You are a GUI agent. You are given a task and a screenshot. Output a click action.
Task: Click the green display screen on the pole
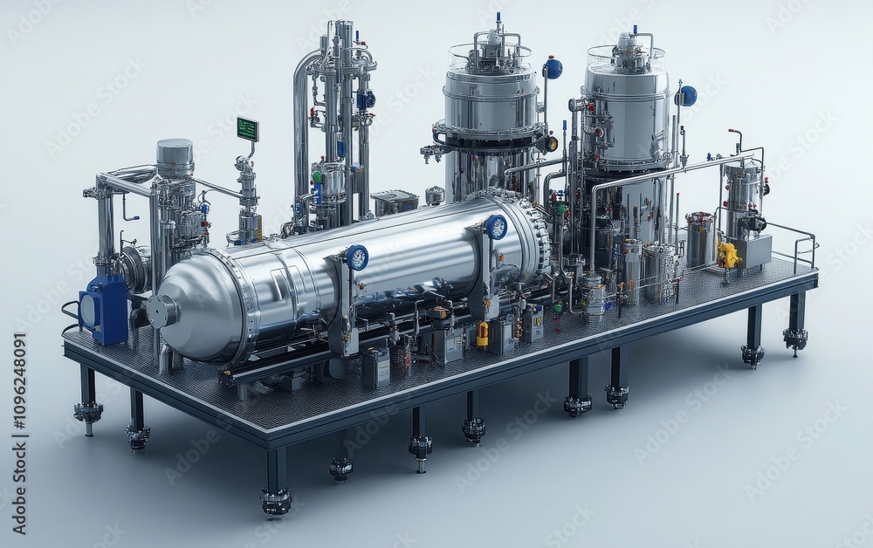point(247,129)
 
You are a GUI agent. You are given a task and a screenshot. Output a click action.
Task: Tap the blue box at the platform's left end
point(104,309)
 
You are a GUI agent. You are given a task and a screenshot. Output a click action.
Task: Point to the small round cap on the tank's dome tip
point(162,312)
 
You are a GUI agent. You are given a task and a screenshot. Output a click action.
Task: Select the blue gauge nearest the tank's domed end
point(356,257)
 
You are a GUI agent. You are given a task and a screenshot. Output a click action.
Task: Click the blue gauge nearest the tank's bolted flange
point(496,227)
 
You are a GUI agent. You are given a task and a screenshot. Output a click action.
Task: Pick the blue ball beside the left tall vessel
point(553,68)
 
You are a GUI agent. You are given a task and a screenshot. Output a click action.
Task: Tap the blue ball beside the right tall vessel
point(687,96)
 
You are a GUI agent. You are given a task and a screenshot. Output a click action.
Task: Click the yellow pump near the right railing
point(727,255)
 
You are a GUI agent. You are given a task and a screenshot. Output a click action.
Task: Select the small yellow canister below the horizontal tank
point(482,334)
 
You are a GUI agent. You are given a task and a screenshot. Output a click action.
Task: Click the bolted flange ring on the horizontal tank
point(534,231)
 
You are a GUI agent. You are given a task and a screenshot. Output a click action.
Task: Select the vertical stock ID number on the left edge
point(20,433)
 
